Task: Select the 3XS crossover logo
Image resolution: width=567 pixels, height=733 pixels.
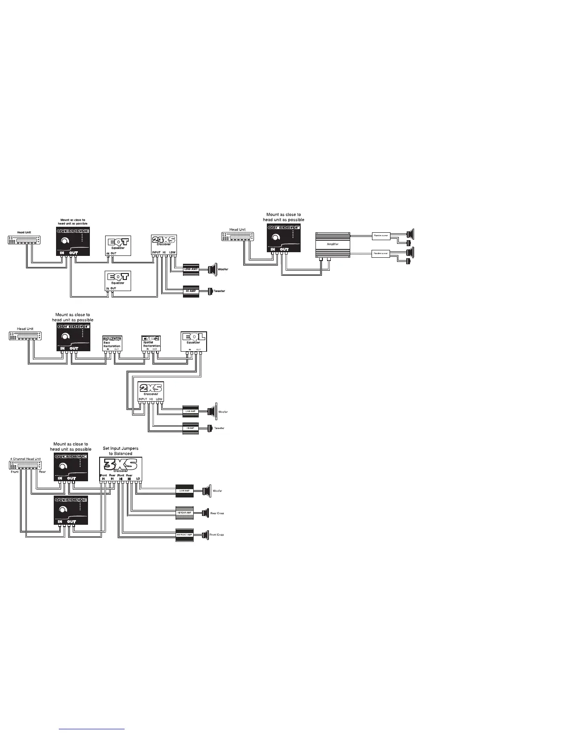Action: point(120,464)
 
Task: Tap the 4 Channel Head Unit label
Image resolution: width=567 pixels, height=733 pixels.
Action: point(25,459)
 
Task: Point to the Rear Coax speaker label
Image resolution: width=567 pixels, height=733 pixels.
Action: point(217,513)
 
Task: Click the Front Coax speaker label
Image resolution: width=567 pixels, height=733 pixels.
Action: point(217,535)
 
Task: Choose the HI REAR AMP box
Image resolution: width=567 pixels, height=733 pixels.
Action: point(184,513)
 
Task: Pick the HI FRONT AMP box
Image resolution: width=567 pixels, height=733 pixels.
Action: point(184,534)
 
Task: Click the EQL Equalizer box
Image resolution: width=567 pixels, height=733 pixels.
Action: point(194,342)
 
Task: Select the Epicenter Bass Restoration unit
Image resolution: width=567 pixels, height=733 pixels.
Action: point(112,342)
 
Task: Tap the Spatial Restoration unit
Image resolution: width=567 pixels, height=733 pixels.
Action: point(151,342)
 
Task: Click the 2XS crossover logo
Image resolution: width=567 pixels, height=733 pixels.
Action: point(151,389)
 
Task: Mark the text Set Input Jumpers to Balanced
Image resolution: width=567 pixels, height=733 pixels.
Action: point(120,451)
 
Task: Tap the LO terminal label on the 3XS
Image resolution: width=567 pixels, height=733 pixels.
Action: point(138,479)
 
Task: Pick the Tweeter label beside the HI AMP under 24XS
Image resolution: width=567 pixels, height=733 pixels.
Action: point(219,291)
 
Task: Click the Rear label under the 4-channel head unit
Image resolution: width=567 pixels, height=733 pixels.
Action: point(42,472)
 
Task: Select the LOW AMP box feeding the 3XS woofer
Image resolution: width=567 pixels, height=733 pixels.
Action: point(184,491)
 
